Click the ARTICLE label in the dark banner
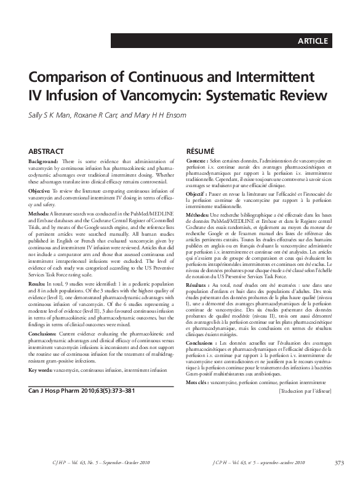pyautogui.click(x=313, y=41)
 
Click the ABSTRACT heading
pyautogui.click(x=46, y=151)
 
